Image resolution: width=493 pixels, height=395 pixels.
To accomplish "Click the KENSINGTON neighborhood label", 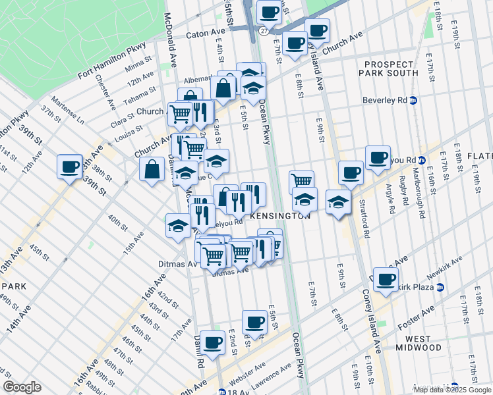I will pyautogui.click(x=280, y=216).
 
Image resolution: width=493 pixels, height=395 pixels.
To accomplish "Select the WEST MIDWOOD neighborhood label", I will pyautogui.click(x=418, y=342).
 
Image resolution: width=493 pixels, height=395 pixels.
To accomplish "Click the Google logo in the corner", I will pyautogui.click(x=22, y=387).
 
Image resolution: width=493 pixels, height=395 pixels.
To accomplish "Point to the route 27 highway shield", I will pyautogui.click(x=263, y=31).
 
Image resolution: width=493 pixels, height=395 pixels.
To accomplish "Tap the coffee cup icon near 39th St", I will pyautogui.click(x=69, y=167).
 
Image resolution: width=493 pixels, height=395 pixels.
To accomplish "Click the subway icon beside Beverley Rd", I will pyautogui.click(x=413, y=101).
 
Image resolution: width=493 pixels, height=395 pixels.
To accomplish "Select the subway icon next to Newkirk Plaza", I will pyautogui.click(x=440, y=287).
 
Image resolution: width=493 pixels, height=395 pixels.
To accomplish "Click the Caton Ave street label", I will pyautogui.click(x=206, y=33).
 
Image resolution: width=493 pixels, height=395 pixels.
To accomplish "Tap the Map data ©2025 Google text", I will pyautogui.click(x=451, y=390).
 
